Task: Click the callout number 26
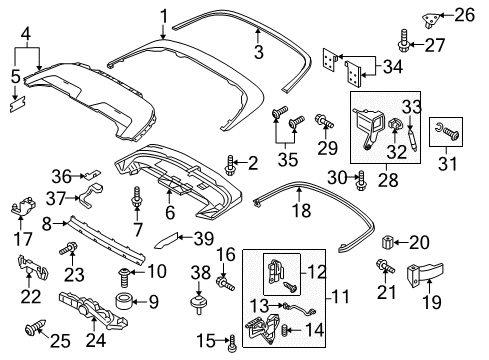(464, 15)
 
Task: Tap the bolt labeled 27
(404, 41)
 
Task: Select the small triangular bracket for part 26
(431, 19)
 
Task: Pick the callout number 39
(204, 239)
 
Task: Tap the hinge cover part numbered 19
(425, 274)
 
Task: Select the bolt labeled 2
(230, 165)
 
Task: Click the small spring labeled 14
(285, 330)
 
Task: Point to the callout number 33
(412, 107)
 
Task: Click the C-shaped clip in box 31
(438, 128)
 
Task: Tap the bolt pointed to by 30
(361, 180)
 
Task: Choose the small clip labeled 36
(92, 173)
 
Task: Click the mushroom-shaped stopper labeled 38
(199, 303)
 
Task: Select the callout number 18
(302, 210)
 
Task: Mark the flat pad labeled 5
(17, 104)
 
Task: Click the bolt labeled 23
(68, 249)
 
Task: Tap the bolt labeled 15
(232, 343)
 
